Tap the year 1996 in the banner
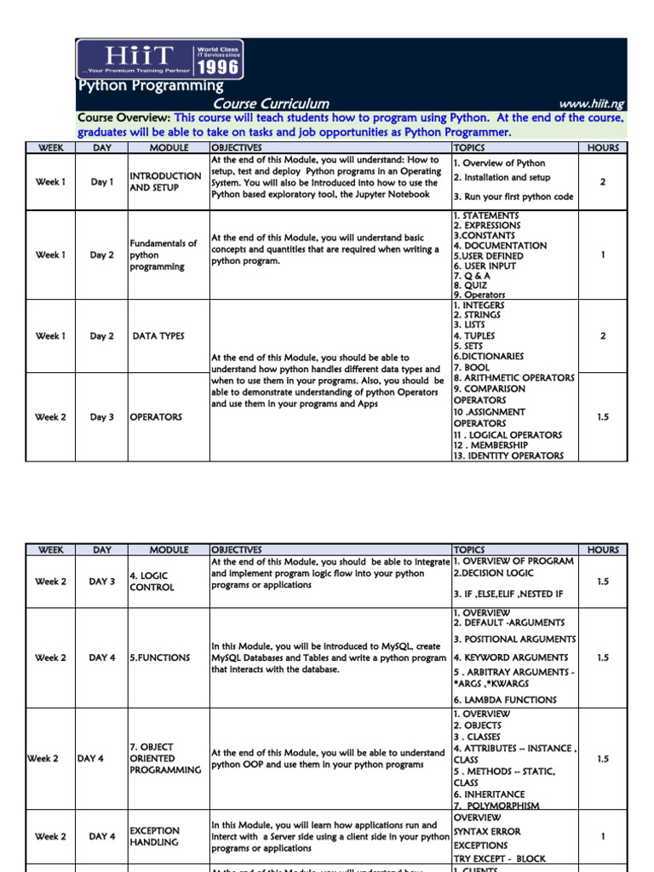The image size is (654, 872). pyautogui.click(x=218, y=66)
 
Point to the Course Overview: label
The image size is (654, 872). pyautogui.click(x=124, y=118)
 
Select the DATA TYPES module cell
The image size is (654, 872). pyautogui.click(x=158, y=336)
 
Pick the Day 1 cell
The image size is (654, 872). pyautogui.click(x=101, y=182)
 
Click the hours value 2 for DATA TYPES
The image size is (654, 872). pyautogui.click(x=603, y=336)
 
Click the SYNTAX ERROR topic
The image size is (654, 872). pyautogui.click(x=487, y=831)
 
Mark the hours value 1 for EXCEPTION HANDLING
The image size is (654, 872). pyautogui.click(x=603, y=837)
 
